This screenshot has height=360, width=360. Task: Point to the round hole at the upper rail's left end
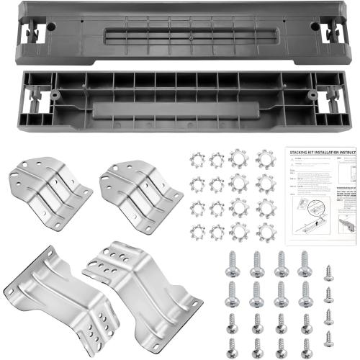coord(50,27)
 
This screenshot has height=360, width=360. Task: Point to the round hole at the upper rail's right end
coord(315,26)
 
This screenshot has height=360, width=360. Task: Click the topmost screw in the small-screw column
coord(329,273)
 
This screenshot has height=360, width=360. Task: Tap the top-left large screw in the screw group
coord(233,264)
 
